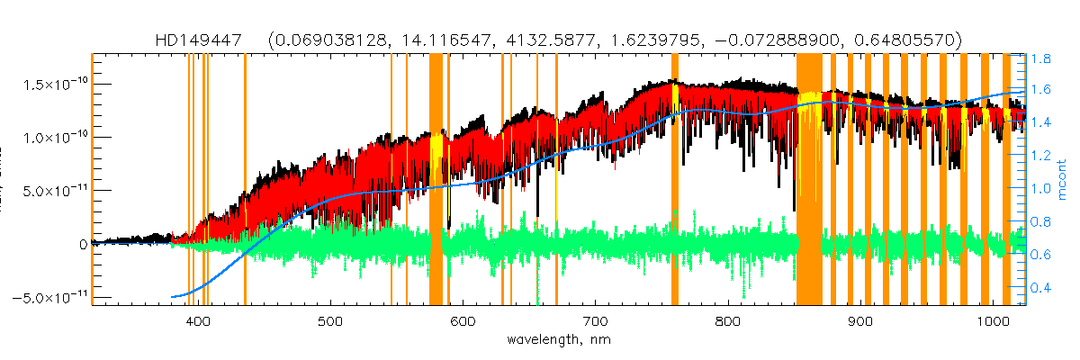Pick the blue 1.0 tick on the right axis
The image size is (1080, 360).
coord(1041,190)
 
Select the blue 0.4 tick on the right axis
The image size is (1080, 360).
coord(1041,288)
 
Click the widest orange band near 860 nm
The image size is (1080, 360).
coord(809,180)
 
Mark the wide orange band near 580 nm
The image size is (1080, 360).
coord(436,180)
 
